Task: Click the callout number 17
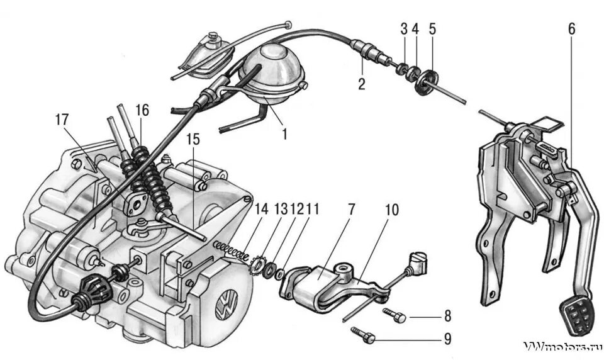(61, 119)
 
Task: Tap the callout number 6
(571, 30)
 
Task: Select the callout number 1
(284, 133)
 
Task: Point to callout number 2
(362, 84)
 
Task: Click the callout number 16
(142, 110)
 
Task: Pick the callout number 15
(191, 140)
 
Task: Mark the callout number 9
(447, 339)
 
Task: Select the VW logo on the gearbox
(223, 308)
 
